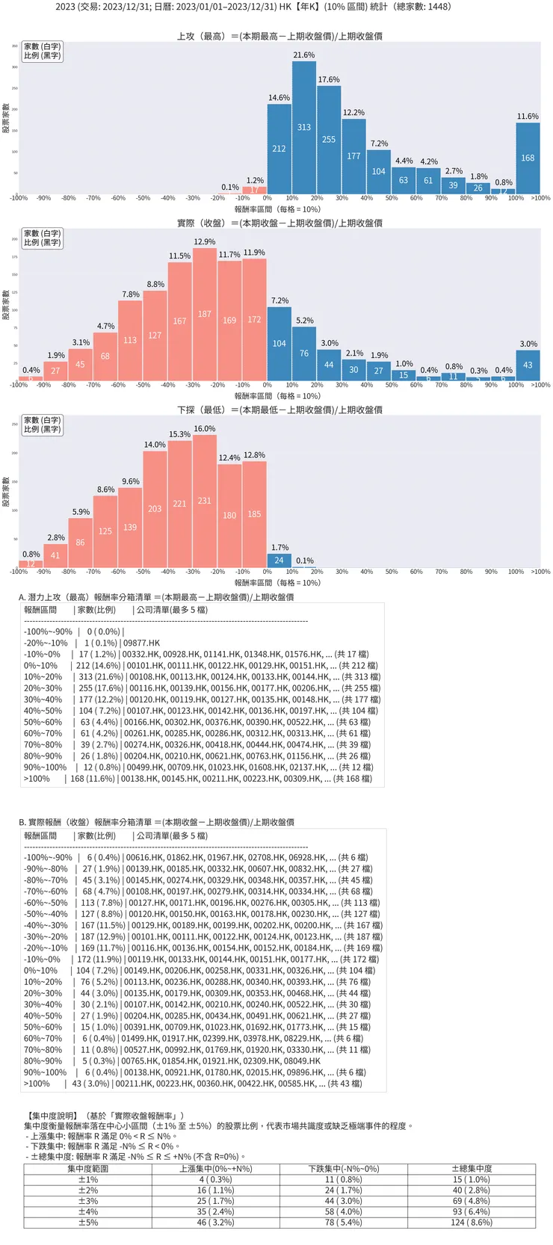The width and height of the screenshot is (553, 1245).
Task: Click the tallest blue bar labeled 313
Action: pyautogui.click(x=304, y=128)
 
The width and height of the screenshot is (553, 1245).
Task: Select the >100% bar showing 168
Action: pyautogui.click(x=528, y=158)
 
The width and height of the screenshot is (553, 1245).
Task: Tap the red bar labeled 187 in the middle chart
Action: pyautogui.click(x=205, y=315)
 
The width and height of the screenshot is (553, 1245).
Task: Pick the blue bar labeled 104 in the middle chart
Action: pyautogui.click(x=279, y=344)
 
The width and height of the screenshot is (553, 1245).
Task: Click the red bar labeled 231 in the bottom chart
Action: pyautogui.click(x=205, y=501)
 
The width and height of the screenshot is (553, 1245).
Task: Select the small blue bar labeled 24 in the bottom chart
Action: pyautogui.click(x=279, y=560)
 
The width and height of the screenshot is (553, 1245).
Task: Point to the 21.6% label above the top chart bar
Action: pyautogui.click(x=304, y=55)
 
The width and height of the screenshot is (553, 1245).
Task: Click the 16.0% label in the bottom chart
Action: pyautogui.click(x=205, y=429)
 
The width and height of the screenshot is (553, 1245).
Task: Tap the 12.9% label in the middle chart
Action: pyautogui.click(x=205, y=242)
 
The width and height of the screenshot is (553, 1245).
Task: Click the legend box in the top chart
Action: pyautogui.click(x=43, y=51)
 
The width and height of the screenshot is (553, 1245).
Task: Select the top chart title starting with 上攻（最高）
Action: pyautogui.click(x=280, y=36)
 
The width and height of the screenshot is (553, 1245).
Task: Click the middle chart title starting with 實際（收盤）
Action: pyautogui.click(x=280, y=223)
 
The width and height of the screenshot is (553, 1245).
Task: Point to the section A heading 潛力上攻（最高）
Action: pyautogui.click(x=156, y=597)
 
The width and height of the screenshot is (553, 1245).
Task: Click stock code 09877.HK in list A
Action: pyautogui.click(x=141, y=643)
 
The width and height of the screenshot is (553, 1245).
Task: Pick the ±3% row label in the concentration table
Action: pyautogui.click(x=88, y=1201)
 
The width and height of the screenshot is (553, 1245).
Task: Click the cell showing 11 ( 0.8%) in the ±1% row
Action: pyautogui.click(x=344, y=1179)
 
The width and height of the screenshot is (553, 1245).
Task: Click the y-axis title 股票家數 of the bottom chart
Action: pyautogui.click(x=6, y=492)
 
